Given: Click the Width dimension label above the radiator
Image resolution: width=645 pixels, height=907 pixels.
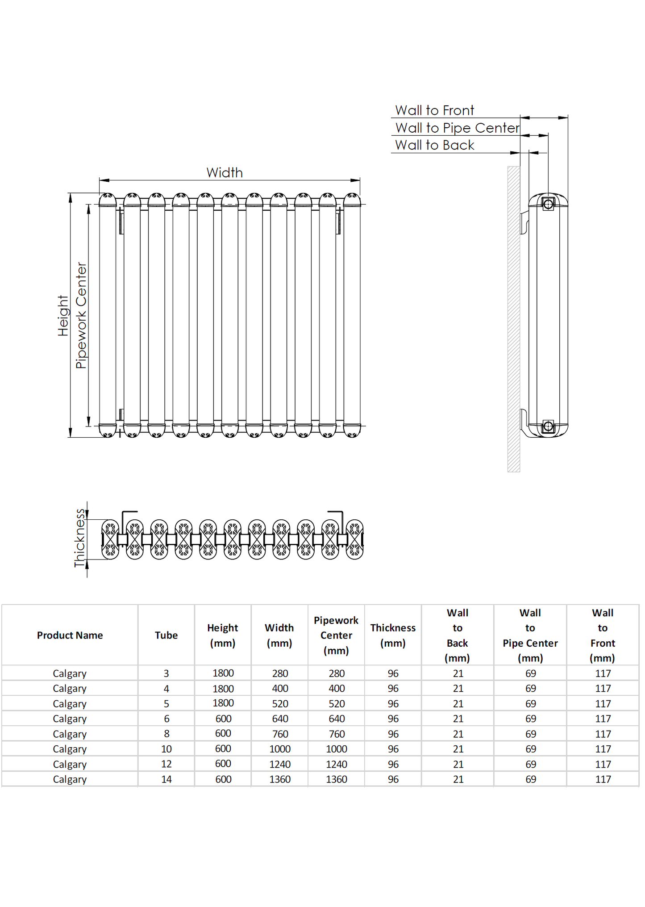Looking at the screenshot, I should click(x=225, y=173).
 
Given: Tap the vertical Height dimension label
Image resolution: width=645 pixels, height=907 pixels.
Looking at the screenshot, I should click(x=63, y=315).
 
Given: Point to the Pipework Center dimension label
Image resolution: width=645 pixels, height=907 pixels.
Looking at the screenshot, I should click(x=81, y=315).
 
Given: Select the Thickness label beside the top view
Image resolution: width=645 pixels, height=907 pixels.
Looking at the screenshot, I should click(x=79, y=538).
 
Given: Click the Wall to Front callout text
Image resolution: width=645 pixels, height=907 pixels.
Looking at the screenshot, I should click(x=434, y=110).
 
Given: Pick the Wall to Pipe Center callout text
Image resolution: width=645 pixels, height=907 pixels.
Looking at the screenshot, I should click(x=457, y=128).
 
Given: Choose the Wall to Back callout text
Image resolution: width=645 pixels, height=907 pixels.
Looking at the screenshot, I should click(x=434, y=145).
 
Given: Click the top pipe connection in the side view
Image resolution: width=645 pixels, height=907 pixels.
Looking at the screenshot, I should click(x=548, y=205).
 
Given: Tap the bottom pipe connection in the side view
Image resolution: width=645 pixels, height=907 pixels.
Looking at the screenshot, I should click(x=548, y=426).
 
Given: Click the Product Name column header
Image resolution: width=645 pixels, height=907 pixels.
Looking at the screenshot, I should click(x=70, y=635).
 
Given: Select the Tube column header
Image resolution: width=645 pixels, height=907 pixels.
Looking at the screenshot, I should click(x=166, y=635).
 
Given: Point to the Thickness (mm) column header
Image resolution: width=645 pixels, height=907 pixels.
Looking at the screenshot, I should click(x=393, y=635).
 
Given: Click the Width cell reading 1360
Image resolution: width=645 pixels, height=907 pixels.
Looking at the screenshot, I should click(x=280, y=779).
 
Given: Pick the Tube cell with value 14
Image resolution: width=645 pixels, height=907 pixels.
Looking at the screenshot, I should click(x=166, y=779).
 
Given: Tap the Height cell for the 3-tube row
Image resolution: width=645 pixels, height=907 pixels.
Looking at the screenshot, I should click(x=223, y=673).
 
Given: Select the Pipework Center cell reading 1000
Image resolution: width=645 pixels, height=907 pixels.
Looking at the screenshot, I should click(x=336, y=749).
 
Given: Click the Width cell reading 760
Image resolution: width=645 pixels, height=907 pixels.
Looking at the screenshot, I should click(x=280, y=734).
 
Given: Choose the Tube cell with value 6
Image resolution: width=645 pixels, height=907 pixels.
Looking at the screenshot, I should click(x=166, y=719).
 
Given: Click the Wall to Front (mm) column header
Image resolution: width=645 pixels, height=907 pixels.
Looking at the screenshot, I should click(x=603, y=635).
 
